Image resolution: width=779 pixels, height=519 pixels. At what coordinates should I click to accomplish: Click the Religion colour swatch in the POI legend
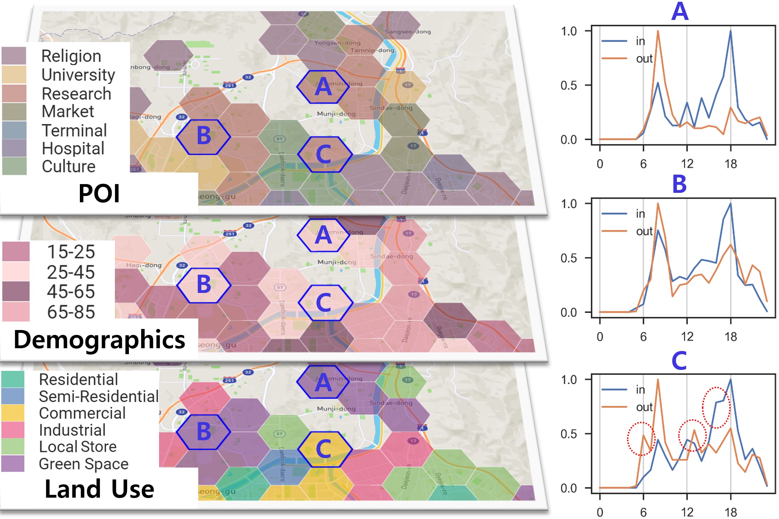[x=14, y=56]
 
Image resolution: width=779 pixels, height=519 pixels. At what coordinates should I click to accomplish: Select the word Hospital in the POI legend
[x=73, y=148]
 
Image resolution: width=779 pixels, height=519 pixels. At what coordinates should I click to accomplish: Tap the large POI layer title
[x=99, y=193]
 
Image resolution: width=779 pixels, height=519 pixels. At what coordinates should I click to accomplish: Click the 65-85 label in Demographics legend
[x=71, y=311]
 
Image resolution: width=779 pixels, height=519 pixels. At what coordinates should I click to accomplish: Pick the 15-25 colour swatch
[x=16, y=251]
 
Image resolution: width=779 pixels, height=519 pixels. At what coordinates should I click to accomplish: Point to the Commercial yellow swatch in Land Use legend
[x=13, y=413]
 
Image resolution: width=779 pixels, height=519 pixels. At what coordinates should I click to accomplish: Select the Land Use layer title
[x=99, y=489]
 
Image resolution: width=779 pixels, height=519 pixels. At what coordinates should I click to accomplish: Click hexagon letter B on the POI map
[x=204, y=136]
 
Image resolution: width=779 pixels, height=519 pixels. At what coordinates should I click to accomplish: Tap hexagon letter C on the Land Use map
[x=323, y=449]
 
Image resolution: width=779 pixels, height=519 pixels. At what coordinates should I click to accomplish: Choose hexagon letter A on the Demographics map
[x=323, y=235]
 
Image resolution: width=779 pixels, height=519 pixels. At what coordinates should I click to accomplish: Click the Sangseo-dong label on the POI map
[x=408, y=31]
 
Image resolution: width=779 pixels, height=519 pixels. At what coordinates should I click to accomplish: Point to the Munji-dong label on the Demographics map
[x=337, y=262]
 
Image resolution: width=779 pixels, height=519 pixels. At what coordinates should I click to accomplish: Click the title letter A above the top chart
[x=680, y=12]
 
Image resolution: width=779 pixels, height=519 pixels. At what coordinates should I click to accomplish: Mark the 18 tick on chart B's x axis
[x=730, y=337]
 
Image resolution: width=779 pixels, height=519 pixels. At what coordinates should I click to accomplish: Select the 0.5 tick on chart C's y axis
[x=569, y=434]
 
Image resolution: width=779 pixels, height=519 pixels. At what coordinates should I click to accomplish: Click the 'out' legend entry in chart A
[x=644, y=58]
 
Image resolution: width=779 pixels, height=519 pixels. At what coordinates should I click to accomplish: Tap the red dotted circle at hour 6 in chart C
[x=641, y=439]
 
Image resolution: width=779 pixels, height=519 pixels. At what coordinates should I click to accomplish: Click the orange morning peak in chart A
[x=658, y=31]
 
